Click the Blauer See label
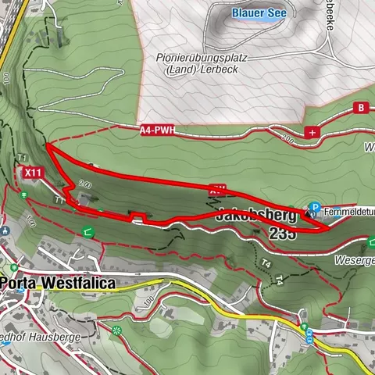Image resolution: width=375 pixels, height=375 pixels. point(259,13)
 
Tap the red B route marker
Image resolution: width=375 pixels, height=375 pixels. point(361,107)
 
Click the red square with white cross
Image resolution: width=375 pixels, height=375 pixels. point(313,133)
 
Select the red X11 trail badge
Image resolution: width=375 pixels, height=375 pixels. point(32,172)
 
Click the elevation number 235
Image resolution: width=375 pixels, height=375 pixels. point(282,233)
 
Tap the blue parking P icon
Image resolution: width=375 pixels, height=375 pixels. point(314,209)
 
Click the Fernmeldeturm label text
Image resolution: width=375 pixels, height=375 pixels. point(349,210)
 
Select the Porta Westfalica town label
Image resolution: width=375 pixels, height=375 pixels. point(58,283)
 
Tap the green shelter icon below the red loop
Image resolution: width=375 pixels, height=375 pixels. point(87,230)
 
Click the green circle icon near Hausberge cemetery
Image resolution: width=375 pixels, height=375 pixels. point(118,330)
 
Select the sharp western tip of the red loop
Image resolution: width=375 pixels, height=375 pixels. point(47,145)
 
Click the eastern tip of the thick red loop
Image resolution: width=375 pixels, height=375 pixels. point(326,230)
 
